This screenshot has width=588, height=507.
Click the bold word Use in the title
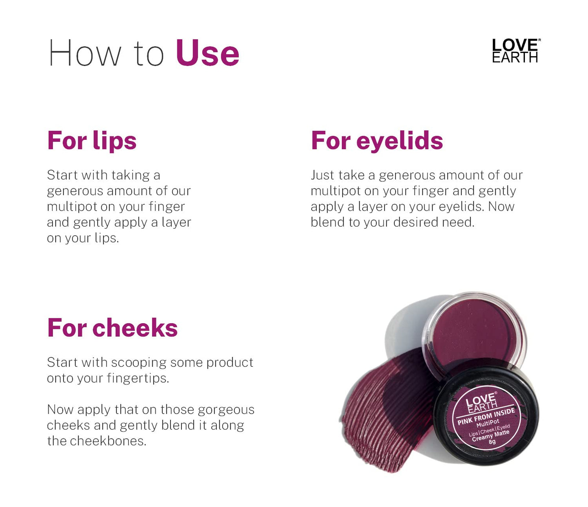[207, 53]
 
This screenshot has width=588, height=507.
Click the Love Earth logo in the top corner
[515, 51]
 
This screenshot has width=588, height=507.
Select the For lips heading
[92, 141]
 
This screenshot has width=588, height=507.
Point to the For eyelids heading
[377, 141]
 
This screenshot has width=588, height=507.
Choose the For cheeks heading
[112, 328]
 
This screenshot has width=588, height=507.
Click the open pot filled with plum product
[474, 330]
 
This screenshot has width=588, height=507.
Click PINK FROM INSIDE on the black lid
[486, 417]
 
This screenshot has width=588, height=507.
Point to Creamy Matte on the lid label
[490, 436]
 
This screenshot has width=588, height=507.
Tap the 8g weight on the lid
[492, 442]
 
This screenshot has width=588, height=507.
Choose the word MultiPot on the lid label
[487, 423]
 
